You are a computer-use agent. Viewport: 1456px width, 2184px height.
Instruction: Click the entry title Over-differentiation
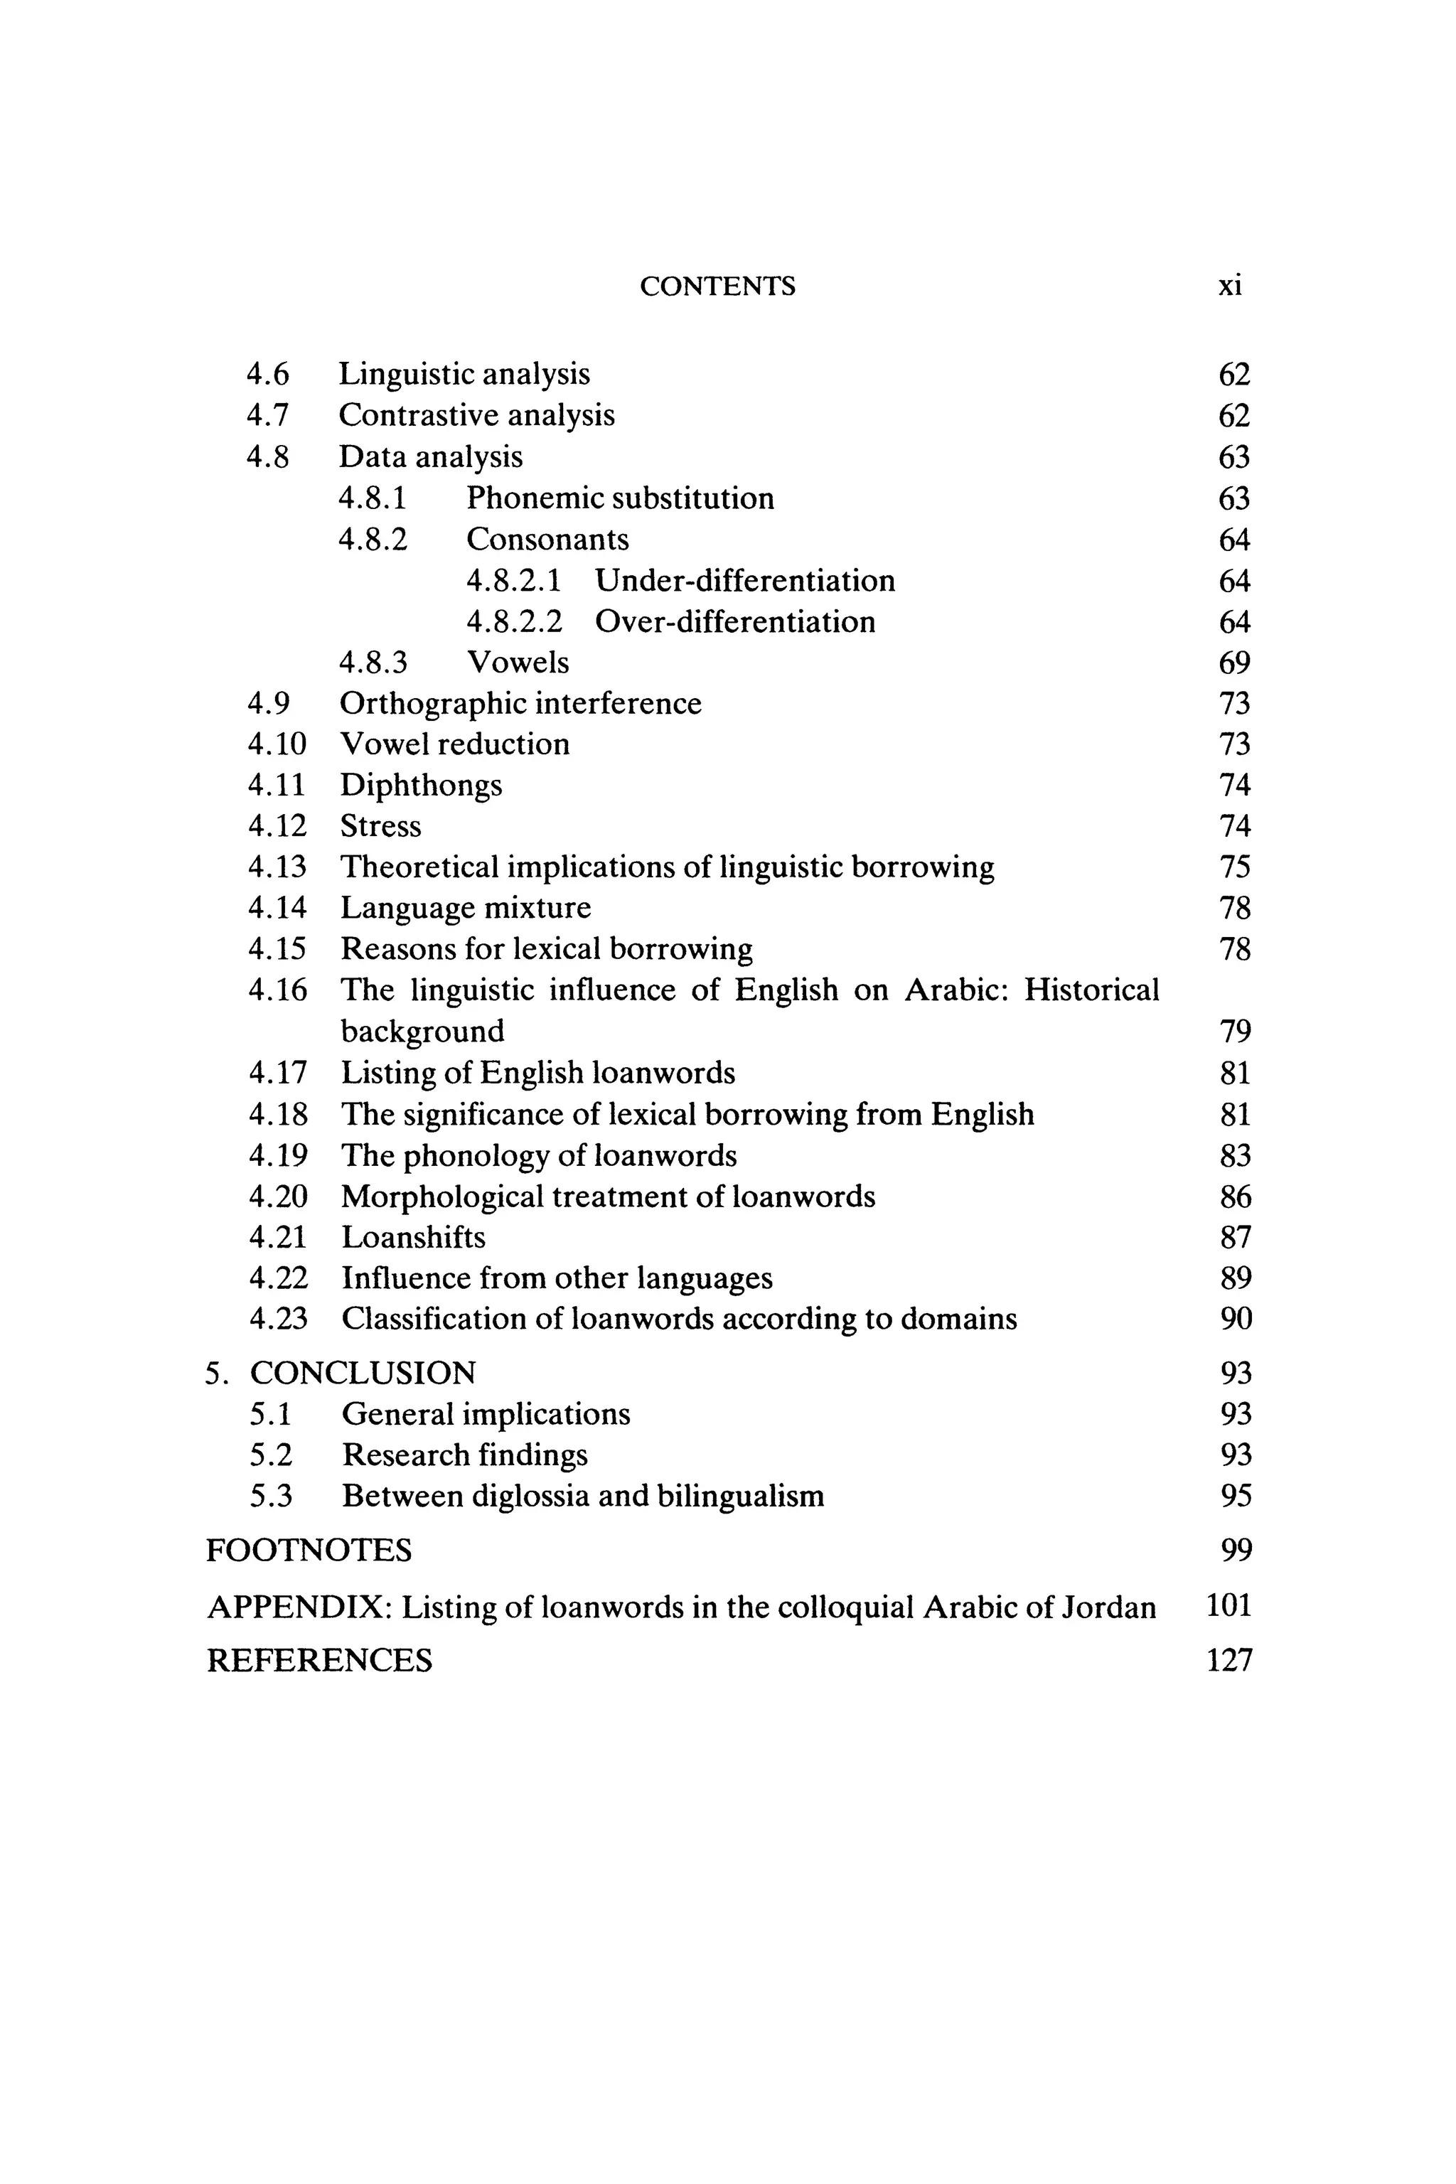click(x=734, y=622)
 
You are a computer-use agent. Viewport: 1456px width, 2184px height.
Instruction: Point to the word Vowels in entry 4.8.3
click(x=518, y=663)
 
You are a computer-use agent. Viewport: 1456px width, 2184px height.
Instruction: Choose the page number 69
click(x=1234, y=663)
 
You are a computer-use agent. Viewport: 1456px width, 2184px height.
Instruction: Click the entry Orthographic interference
click(x=520, y=704)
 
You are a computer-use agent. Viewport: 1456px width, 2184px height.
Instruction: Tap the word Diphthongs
click(x=421, y=786)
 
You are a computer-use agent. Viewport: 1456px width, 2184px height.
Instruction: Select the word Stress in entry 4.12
click(x=381, y=826)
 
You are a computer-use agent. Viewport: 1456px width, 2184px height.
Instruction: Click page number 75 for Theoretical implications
click(x=1234, y=867)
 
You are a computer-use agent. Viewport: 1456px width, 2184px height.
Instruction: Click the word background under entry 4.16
click(x=422, y=1032)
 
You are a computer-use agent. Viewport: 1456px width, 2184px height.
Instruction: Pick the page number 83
click(x=1235, y=1156)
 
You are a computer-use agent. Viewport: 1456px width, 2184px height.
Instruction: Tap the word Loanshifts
click(x=413, y=1238)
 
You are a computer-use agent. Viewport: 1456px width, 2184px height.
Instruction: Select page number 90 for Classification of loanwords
click(x=1235, y=1319)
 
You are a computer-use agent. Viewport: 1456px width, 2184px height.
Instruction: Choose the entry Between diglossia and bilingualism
click(x=582, y=1496)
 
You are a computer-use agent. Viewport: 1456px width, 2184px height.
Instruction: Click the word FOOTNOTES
click(x=309, y=1551)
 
